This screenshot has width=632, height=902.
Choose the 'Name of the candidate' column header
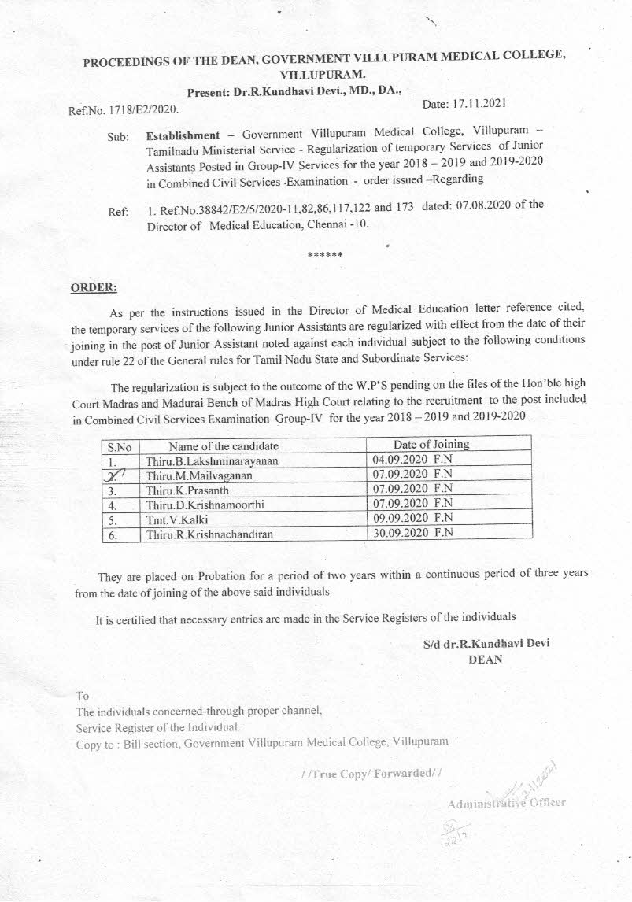pyautogui.click(x=218, y=445)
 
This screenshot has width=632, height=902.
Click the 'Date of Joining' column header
pyautogui.click(x=431, y=444)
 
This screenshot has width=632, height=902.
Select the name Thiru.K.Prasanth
pyautogui.click(x=183, y=490)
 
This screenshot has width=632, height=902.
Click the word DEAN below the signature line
pyautogui.click(x=485, y=660)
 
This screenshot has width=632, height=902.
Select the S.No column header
pyautogui.click(x=120, y=446)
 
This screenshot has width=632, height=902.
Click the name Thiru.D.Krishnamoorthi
pyautogui.click(x=196, y=505)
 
